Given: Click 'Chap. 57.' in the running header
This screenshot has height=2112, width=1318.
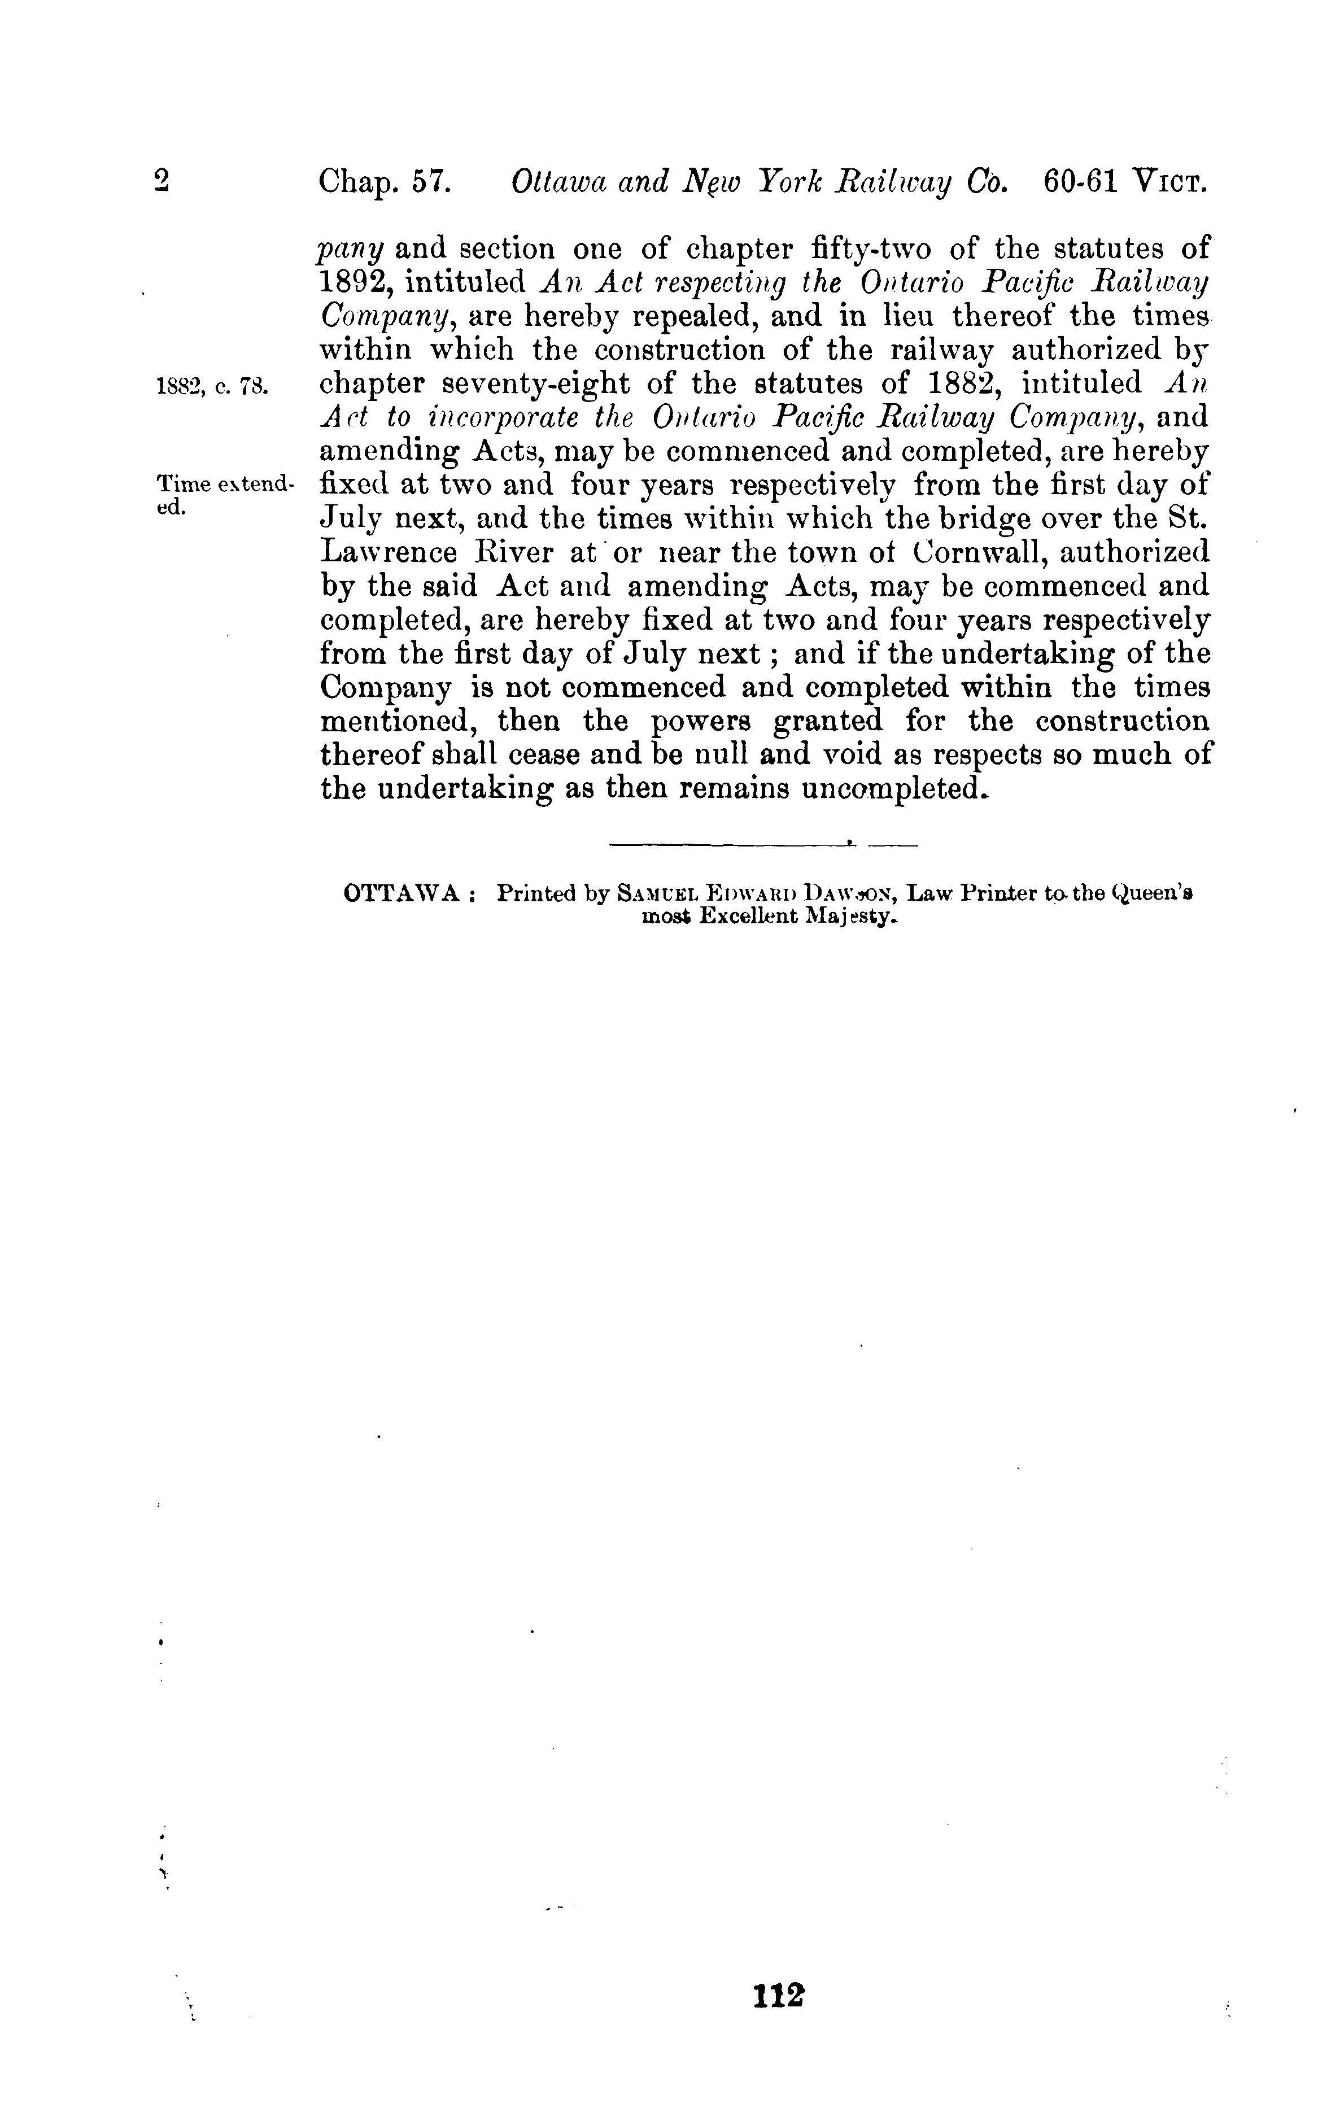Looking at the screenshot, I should point(383,183).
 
